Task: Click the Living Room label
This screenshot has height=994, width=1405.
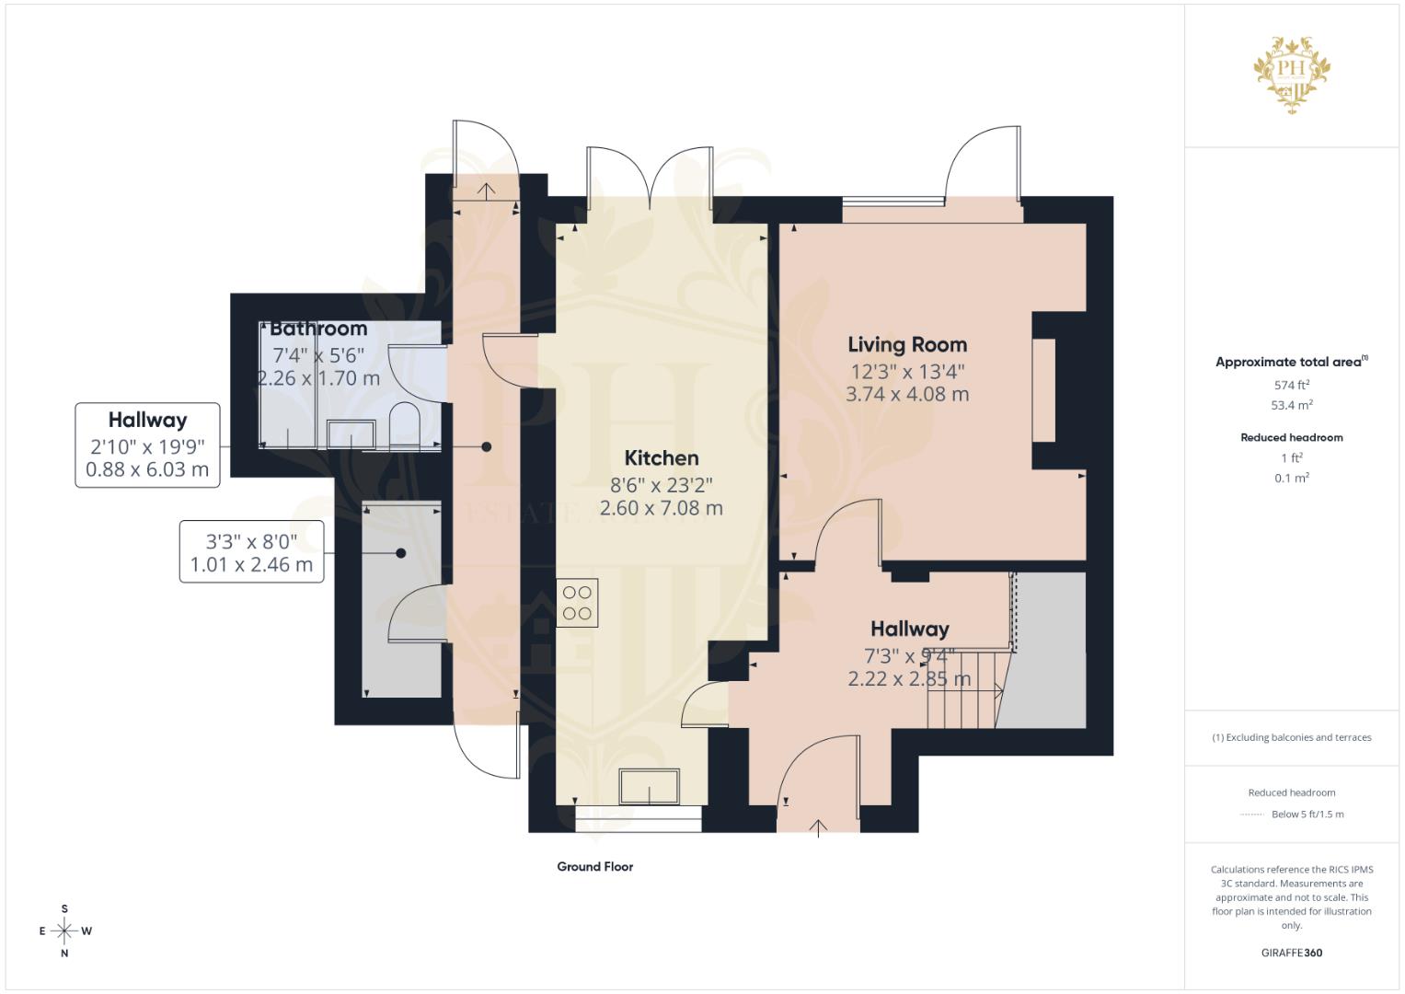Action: pyautogui.click(x=906, y=345)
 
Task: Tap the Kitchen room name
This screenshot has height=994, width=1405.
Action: pyautogui.click(x=661, y=458)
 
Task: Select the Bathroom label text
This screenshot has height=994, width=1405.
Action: pyautogui.click(x=318, y=329)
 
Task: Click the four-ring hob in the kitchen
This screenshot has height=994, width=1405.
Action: pyautogui.click(x=577, y=603)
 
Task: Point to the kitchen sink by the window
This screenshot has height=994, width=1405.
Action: pyautogui.click(x=649, y=787)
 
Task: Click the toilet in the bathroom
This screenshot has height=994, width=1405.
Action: pyautogui.click(x=405, y=426)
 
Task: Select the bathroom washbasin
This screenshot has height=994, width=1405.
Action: pyautogui.click(x=351, y=433)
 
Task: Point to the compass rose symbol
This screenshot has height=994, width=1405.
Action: pyautogui.click(x=64, y=930)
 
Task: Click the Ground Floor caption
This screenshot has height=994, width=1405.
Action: pyautogui.click(x=594, y=866)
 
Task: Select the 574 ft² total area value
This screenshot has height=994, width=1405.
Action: pyautogui.click(x=1291, y=385)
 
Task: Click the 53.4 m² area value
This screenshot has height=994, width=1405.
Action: pyautogui.click(x=1291, y=405)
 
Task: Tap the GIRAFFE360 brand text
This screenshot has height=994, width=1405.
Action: pyautogui.click(x=1291, y=953)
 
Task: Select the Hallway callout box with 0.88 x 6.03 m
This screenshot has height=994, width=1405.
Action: pyautogui.click(x=147, y=445)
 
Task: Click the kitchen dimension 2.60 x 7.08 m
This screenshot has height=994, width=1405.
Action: pyautogui.click(x=661, y=508)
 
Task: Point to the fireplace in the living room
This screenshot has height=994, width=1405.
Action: pyautogui.click(x=1043, y=391)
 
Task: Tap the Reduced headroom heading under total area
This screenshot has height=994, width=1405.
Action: pyautogui.click(x=1291, y=437)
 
